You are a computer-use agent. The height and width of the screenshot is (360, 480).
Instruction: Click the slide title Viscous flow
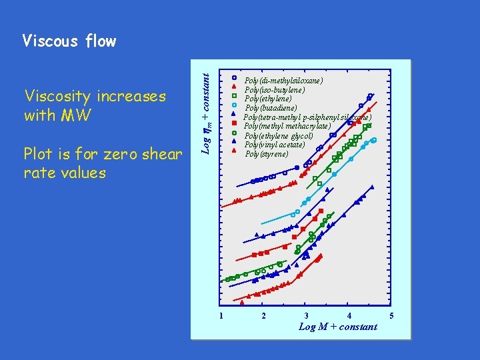coord(69,41)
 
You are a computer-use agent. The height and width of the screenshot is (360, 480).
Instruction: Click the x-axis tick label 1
coord(221,315)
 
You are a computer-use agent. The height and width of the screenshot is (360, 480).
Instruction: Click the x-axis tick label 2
coord(264,315)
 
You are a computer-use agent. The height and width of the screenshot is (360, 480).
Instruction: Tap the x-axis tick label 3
coord(306,315)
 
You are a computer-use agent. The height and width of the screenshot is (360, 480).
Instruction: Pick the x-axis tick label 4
coord(349,315)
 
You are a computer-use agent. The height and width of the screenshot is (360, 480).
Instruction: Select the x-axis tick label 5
coord(392,315)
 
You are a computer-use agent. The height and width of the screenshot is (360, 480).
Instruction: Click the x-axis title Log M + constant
coord(337,327)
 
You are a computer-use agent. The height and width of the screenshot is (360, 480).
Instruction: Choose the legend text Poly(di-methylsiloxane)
coord(284,80)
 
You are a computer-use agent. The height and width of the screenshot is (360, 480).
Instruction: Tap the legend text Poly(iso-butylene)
coord(275,89)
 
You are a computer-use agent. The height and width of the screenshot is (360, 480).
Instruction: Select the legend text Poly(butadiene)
coord(271,108)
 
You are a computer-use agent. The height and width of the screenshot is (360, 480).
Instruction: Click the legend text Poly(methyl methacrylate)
coord(287,126)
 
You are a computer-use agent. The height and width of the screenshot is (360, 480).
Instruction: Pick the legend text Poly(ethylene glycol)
coord(278,135)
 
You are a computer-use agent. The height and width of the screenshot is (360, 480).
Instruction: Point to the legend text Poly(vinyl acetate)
coord(274,145)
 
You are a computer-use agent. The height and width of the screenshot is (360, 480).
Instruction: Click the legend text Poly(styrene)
coord(267,154)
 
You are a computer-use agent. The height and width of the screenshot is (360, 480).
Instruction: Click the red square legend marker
coord(234,124)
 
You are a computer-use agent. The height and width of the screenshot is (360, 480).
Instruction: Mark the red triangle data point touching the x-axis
coord(242,302)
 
